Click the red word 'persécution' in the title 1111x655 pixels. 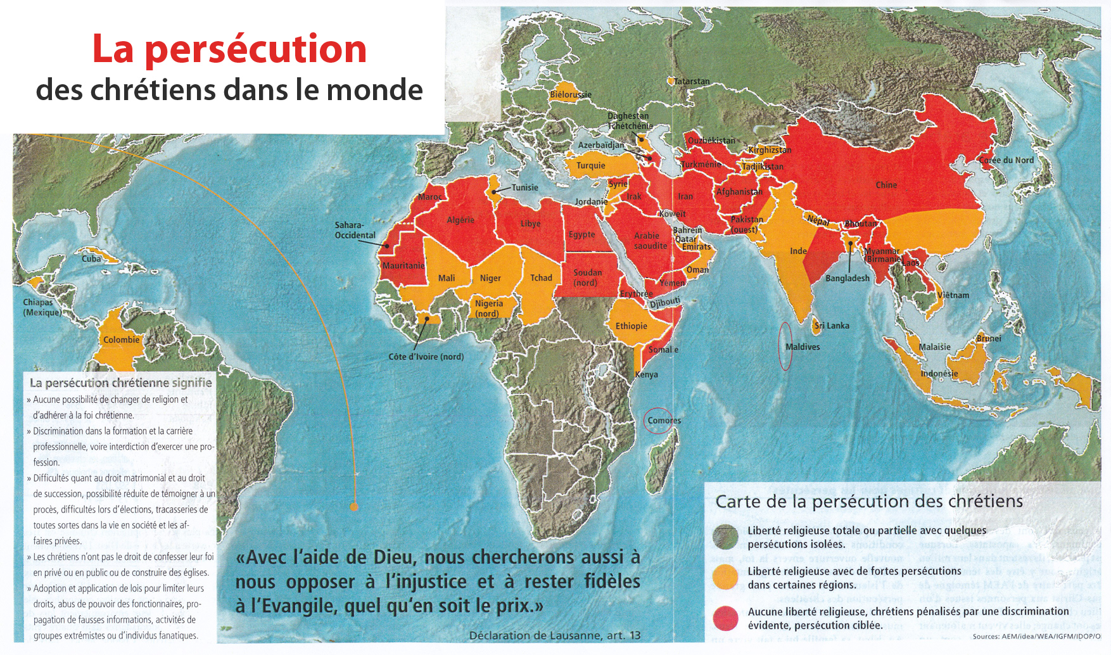point(255,49)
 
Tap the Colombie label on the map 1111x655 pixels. point(121,340)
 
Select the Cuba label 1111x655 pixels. point(91,258)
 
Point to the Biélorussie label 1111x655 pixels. point(570,94)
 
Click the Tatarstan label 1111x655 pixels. point(692,81)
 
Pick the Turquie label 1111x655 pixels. point(590,165)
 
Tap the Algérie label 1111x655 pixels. point(460,220)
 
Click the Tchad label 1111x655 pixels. point(541,277)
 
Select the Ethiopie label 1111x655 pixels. point(631,326)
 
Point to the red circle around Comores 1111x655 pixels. point(658,421)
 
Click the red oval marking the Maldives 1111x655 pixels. point(785,346)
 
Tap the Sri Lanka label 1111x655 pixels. point(832,326)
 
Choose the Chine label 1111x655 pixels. point(886,185)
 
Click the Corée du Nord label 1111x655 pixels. point(1006,160)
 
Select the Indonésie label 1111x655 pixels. point(939,373)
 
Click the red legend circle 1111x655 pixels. point(725,618)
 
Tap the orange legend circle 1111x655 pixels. point(725,577)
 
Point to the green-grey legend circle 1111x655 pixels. point(725,537)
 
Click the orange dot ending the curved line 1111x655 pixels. point(354,506)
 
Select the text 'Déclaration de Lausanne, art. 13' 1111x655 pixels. point(555,635)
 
